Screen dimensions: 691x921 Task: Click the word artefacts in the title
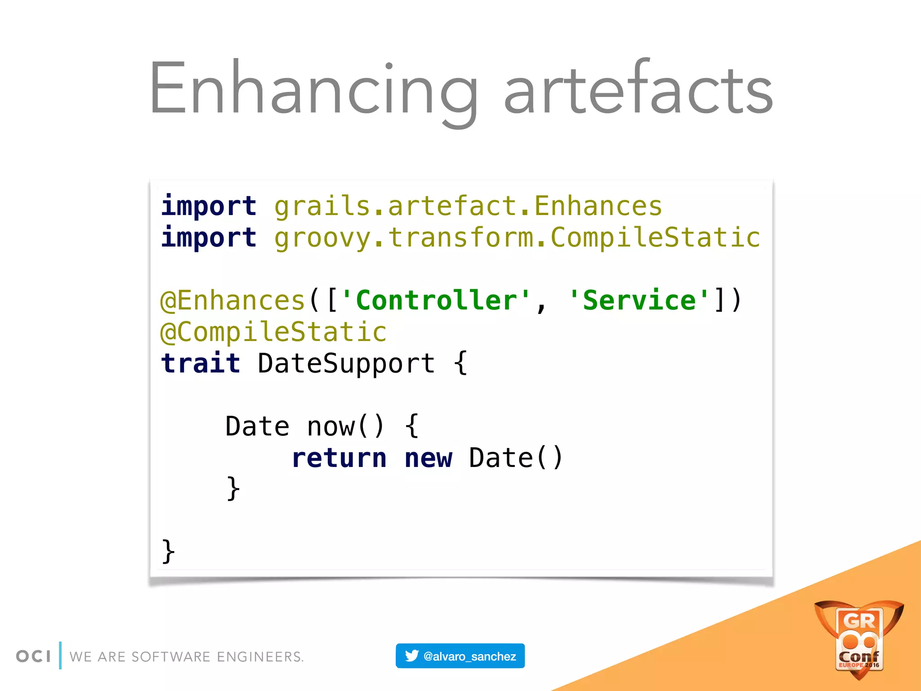pos(638,90)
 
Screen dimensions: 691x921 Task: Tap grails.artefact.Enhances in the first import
pos(468,206)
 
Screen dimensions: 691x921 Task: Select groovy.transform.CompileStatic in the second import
pos(517,238)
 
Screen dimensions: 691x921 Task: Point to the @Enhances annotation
pos(233,301)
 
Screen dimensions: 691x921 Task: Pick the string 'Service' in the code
pos(639,301)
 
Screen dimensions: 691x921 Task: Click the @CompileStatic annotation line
pos(273,332)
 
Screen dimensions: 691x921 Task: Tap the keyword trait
pos(201,363)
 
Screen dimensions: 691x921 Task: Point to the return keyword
pos(339,458)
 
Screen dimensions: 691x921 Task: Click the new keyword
pos(428,458)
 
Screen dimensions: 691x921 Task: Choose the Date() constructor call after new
pos(515,458)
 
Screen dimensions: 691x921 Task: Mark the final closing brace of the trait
pos(168,552)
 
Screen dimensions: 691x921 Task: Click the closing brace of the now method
pos(233,489)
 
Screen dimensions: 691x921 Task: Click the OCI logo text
pos(33,656)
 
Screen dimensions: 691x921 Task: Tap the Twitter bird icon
pos(411,656)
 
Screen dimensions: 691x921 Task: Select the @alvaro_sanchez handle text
pos(469,656)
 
